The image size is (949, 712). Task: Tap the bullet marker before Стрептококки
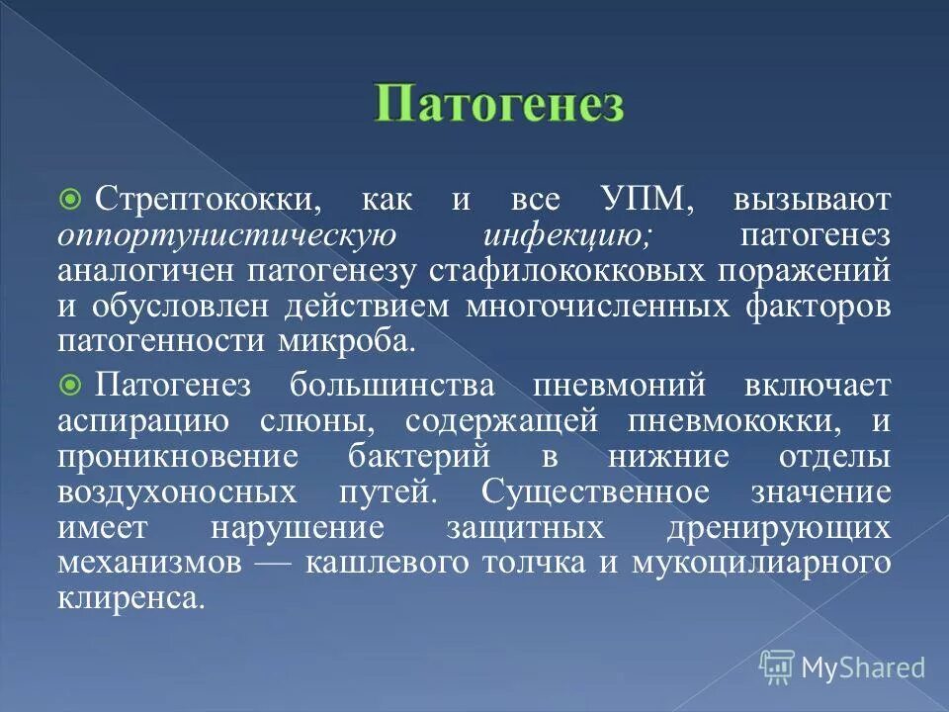[x=69, y=201]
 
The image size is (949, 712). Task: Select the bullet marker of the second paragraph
[x=69, y=383]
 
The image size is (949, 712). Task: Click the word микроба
[x=341, y=341]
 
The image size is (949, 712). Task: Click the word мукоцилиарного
[x=774, y=563]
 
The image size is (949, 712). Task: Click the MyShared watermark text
[x=863, y=667]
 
